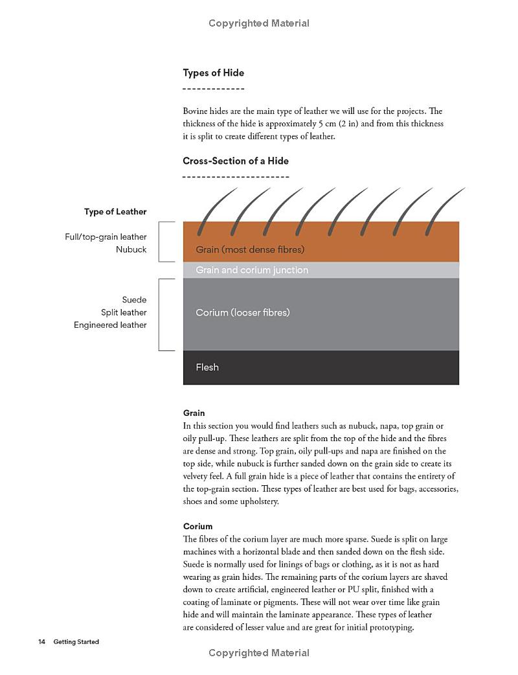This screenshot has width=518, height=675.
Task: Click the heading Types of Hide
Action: click(x=213, y=73)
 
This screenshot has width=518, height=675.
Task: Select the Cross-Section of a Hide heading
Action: click(x=236, y=161)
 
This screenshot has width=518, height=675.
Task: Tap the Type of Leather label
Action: click(x=115, y=212)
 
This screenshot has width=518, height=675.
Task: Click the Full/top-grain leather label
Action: click(x=106, y=237)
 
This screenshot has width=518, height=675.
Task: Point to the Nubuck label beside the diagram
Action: click(x=131, y=249)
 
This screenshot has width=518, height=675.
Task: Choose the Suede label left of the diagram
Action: click(x=134, y=300)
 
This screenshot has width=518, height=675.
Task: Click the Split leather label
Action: click(x=124, y=312)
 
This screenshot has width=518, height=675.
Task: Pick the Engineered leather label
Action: click(x=110, y=325)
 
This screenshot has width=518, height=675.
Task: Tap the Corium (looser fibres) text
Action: click(x=243, y=313)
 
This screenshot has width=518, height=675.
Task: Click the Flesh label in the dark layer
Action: click(x=207, y=367)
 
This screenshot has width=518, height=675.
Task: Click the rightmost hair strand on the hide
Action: click(x=444, y=211)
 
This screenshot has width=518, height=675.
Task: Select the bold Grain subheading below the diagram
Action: click(x=194, y=413)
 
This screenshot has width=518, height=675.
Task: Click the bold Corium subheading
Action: click(x=197, y=526)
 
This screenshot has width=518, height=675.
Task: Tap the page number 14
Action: click(x=41, y=642)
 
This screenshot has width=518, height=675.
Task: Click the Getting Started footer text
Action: click(x=76, y=642)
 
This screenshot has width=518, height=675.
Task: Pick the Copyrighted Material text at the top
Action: click(x=259, y=23)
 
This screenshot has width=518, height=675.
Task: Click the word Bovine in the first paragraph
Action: click(x=197, y=111)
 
